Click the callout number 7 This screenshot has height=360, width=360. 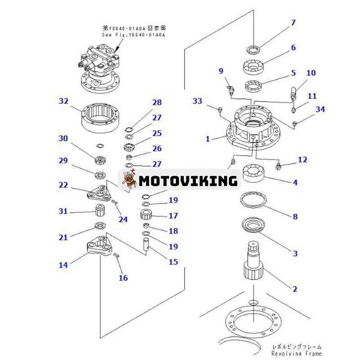pos(293,22)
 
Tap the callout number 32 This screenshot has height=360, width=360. pos(63,101)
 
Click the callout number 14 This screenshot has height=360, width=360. pos(63,265)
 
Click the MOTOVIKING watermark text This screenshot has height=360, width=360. pos(188,181)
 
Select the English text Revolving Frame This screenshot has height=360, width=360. pos(297,354)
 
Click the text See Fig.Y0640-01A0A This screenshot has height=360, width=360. pos(133,35)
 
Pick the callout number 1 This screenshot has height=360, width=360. pos(208,139)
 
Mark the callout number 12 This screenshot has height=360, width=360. pos(302,159)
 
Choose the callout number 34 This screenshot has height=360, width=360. pos(320,109)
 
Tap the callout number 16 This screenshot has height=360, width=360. pos(123,278)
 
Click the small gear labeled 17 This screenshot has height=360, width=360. pos(148,215)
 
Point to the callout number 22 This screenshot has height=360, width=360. pos(63,185)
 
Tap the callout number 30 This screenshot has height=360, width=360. pos(63,139)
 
